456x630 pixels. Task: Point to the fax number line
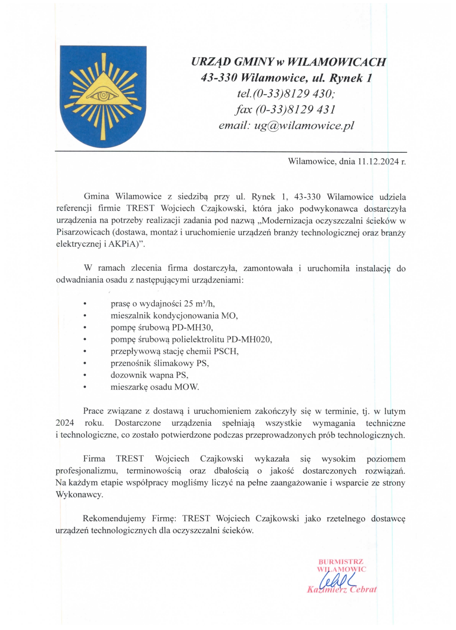click(x=285, y=109)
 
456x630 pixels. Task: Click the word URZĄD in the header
click(x=211, y=62)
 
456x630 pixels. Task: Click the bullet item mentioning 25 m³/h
click(x=162, y=303)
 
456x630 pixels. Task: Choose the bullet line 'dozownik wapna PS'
click(x=149, y=375)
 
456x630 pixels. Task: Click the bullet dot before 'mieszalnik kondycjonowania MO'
click(x=85, y=316)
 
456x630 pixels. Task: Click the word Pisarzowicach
click(x=82, y=233)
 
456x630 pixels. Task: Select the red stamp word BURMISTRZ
click(x=341, y=562)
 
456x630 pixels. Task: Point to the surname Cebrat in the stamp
click(x=362, y=589)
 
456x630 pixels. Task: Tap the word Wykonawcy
click(x=79, y=495)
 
